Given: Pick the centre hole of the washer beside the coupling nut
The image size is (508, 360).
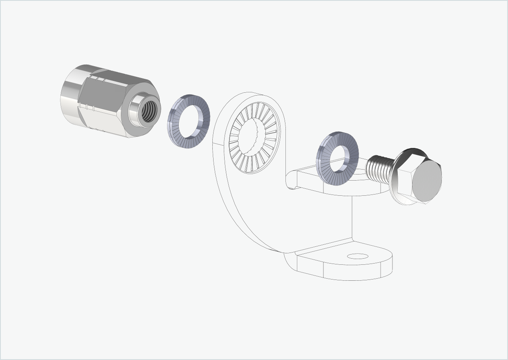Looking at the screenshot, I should click(x=190, y=121).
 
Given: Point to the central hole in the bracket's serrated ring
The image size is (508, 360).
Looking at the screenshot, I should click(x=254, y=137).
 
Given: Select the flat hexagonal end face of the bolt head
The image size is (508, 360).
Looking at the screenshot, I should click(x=427, y=180).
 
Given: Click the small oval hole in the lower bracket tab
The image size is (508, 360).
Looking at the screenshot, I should click(x=357, y=256).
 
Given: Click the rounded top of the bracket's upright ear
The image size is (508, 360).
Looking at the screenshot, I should click(x=253, y=96).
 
